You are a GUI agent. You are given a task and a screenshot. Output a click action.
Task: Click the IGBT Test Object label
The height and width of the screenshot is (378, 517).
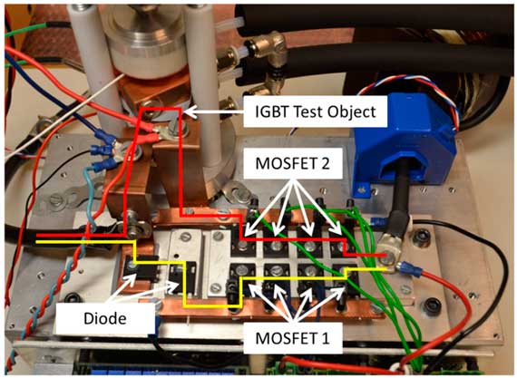(315, 111)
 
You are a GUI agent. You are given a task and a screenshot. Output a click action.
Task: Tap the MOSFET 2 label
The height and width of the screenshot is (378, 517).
(292, 164)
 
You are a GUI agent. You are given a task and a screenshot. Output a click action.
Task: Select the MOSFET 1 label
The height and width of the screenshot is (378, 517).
(292, 338)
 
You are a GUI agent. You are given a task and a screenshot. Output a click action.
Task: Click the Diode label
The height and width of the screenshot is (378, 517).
(105, 319)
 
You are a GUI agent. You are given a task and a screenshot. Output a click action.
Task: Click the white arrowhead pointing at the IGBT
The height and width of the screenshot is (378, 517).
(190, 112)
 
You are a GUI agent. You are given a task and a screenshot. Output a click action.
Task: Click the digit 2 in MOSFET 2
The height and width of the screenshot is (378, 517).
(325, 164)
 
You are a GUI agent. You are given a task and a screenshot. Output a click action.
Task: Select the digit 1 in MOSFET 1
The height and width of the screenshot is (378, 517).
(326, 338)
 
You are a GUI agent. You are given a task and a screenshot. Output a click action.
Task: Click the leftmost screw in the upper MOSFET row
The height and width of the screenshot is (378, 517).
(243, 245)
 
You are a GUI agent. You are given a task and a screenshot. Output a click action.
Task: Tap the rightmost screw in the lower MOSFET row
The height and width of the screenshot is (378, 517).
(344, 272)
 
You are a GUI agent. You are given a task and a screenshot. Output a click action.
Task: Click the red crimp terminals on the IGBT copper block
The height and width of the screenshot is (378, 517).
(145, 132)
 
